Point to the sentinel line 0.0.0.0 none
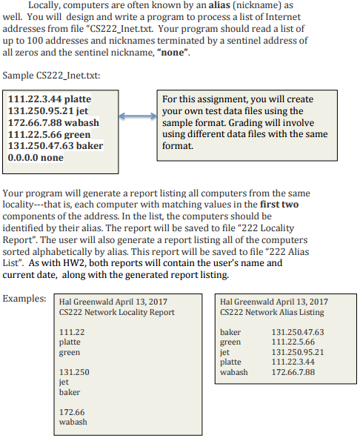tap(36, 157)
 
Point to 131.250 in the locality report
tap(74, 371)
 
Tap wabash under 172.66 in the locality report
tap(73, 422)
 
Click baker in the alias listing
tap(230, 332)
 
